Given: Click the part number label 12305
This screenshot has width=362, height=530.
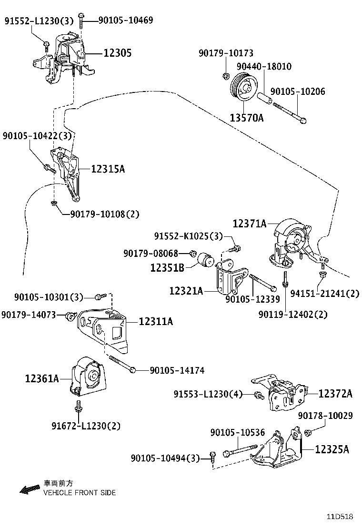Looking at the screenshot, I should pos(117,53).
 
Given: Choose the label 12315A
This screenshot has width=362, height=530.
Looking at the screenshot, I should pos(108,169).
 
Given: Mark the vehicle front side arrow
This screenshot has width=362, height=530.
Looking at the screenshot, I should pos(30,489).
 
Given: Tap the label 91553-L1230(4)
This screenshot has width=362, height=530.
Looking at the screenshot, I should pos(208,394).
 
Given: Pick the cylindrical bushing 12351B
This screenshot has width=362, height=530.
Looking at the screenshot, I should pos(208,259).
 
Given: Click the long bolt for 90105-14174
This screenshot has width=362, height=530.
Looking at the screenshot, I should pos(122,364).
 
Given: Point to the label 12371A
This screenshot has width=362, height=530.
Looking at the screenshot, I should pos(250,223).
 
